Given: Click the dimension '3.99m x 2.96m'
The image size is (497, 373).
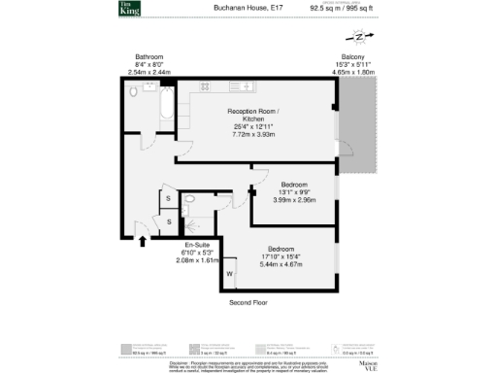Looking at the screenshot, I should (294, 199).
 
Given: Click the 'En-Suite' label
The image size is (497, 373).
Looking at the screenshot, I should (197, 245).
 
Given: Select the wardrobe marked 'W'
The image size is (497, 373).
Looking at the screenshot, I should (230, 275).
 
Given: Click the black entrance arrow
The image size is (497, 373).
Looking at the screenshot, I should (144, 242).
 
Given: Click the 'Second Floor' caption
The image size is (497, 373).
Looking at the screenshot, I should (248, 303).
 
